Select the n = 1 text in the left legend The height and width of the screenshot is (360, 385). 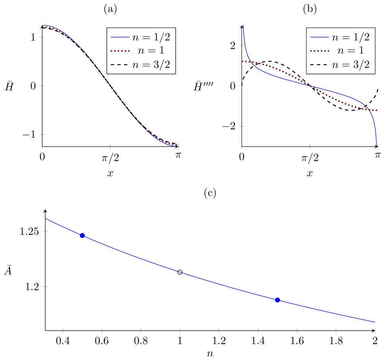point(151,51)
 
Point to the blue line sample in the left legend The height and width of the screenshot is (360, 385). point(120,37)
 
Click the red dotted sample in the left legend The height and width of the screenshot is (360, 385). point(120,51)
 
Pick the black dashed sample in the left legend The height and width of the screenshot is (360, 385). point(120,65)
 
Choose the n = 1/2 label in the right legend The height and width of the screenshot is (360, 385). point(350,37)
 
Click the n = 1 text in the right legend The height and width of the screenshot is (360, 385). point(350,51)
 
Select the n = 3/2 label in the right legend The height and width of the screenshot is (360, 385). point(350,65)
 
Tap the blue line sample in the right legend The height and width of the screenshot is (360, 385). point(319,37)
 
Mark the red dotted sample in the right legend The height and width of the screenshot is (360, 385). point(319,51)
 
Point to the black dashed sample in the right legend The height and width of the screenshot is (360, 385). point(319,65)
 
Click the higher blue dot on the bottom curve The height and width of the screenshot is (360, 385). point(82,235)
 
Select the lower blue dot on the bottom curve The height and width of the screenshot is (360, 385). point(277,300)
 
